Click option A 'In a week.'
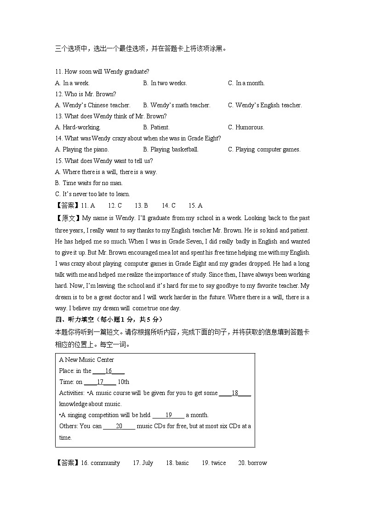coord(72,83)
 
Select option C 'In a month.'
coord(246,83)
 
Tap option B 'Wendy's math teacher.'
coord(177,105)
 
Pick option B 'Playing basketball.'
coord(171,150)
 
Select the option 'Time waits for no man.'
coord(89,183)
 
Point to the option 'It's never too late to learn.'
coord(92,194)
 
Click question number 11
coord(58,72)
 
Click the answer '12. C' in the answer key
coord(114,206)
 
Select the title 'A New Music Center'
coord(86,360)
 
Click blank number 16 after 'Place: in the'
coord(108,371)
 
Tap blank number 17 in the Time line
coord(100,382)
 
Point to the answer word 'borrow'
coord(257,463)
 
